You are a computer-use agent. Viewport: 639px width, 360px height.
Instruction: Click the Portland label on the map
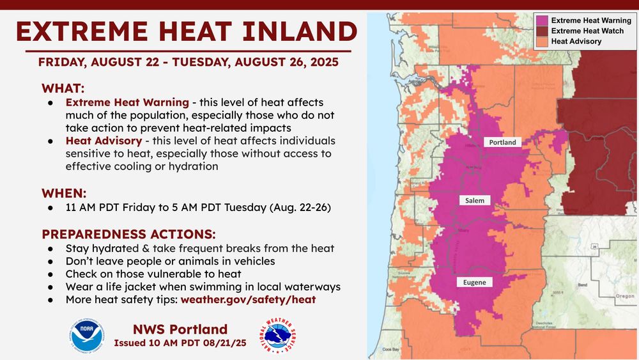pyautogui.click(x=503, y=142)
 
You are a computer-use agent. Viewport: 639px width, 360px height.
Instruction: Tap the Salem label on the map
pyautogui.click(x=474, y=200)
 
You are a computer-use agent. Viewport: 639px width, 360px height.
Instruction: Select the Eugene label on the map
pyautogui.click(x=475, y=281)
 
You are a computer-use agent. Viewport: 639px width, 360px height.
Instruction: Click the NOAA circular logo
pyautogui.click(x=87, y=336)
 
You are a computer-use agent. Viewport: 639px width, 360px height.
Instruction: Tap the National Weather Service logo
pyautogui.click(x=279, y=336)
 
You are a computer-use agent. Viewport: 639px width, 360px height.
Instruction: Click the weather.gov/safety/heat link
pyautogui.click(x=248, y=299)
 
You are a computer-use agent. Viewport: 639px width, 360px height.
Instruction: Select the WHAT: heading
pyautogui.click(x=63, y=88)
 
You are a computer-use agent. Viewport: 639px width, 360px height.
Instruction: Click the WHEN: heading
pyautogui.click(x=64, y=192)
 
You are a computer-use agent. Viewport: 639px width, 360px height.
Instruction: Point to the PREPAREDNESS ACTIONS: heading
pyautogui.click(x=128, y=233)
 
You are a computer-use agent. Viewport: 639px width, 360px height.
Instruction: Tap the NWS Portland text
pyautogui.click(x=180, y=329)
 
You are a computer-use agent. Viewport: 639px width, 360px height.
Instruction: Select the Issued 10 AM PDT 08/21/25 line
pyautogui.click(x=180, y=343)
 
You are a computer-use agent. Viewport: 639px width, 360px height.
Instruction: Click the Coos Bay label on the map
pyautogui.click(x=390, y=350)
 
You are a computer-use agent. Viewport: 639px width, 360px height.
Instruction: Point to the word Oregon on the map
pyautogui.click(x=624, y=297)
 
